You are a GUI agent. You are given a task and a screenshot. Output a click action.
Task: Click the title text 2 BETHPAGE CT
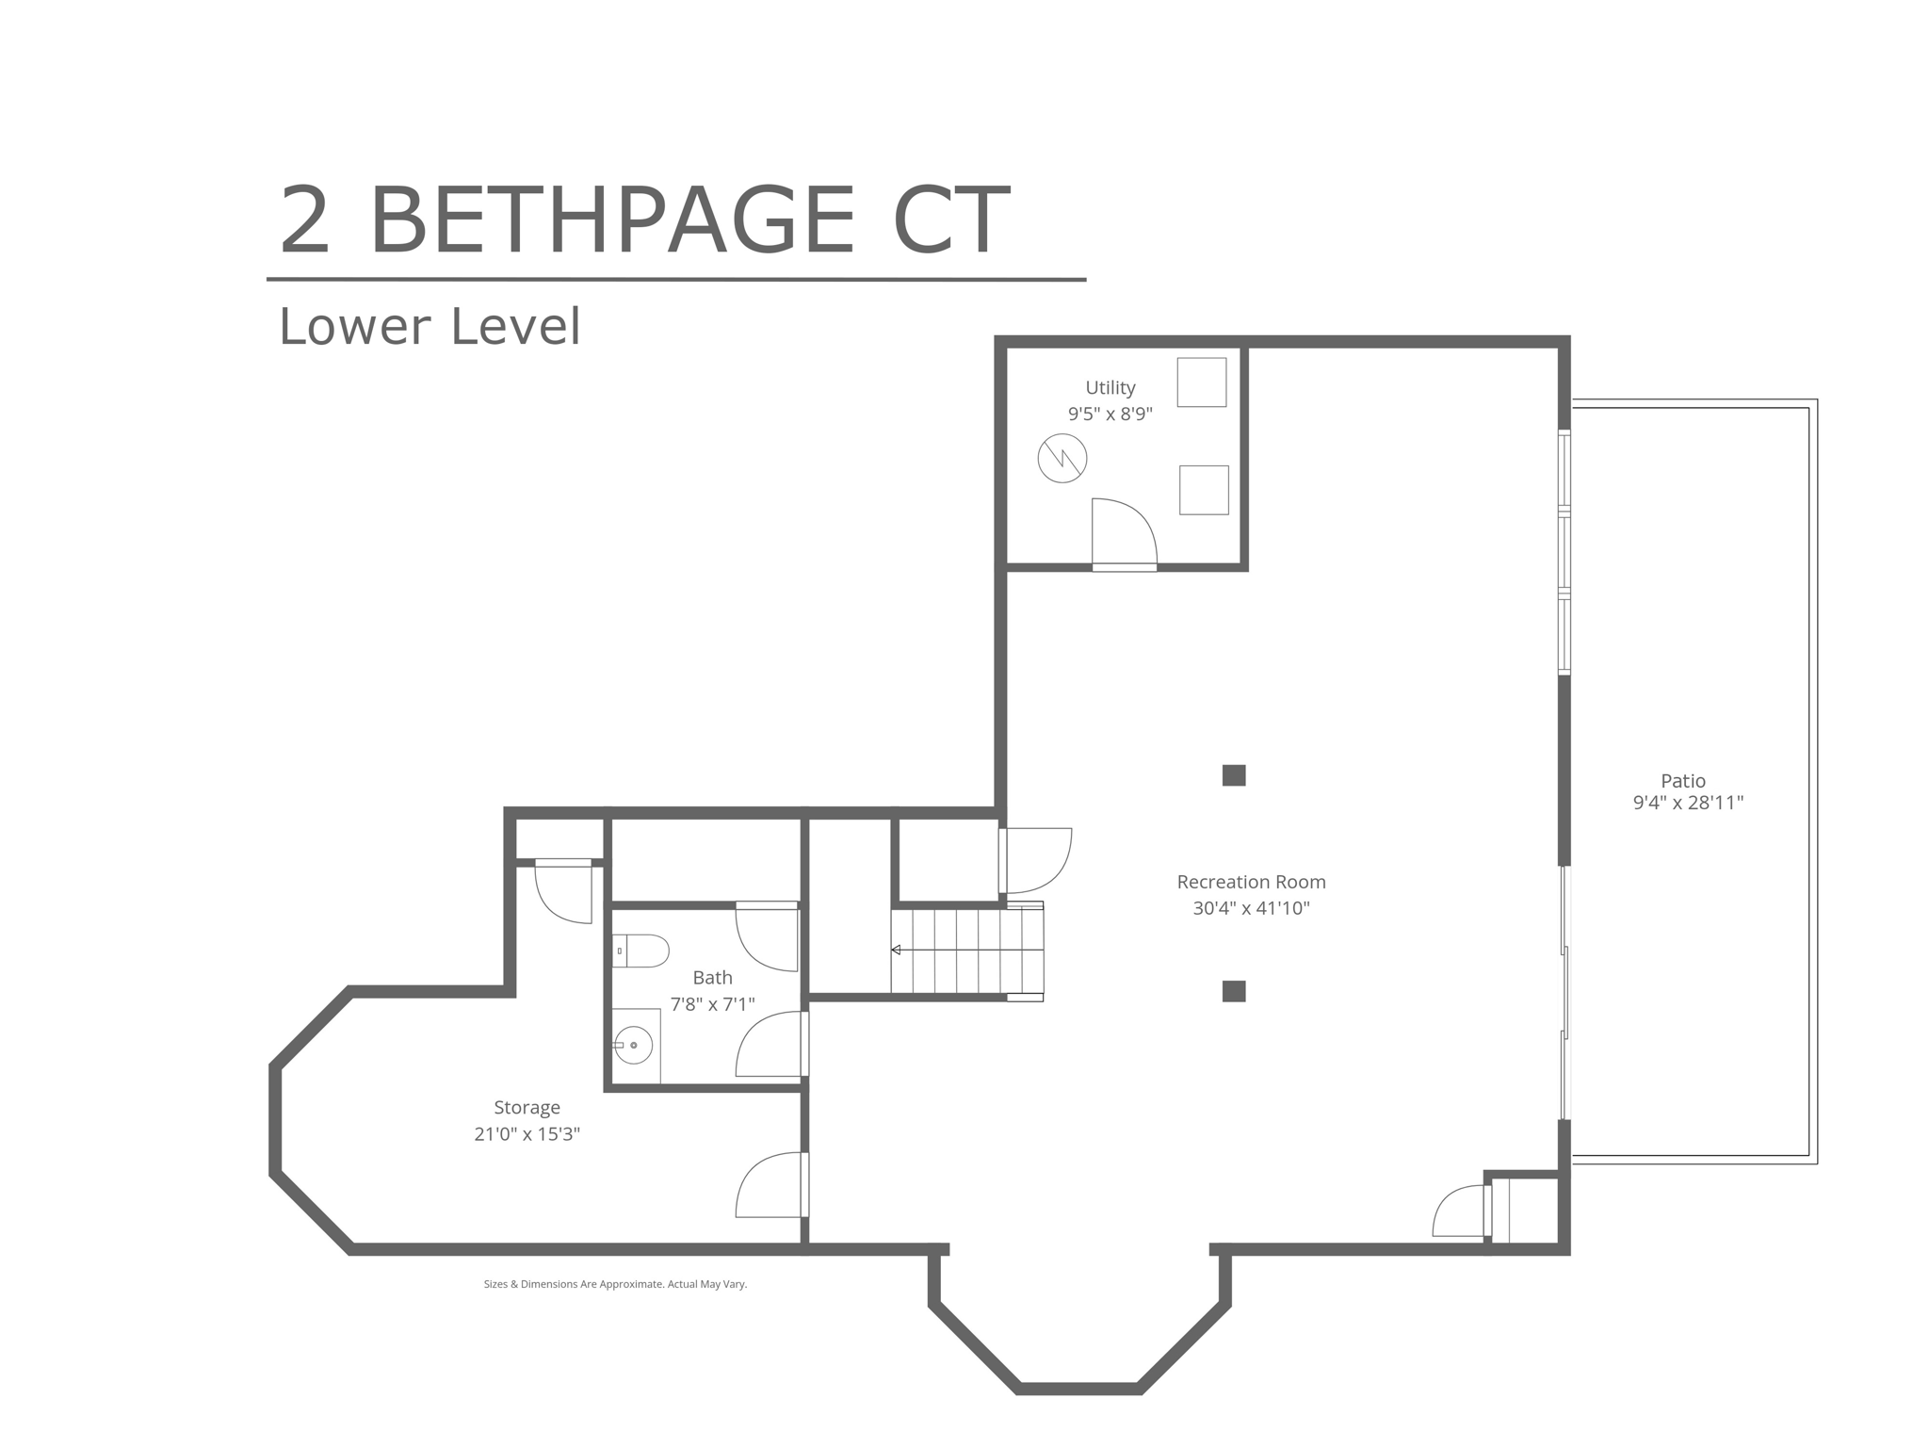click(x=644, y=220)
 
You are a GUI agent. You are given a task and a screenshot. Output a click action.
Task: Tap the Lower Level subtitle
click(x=430, y=327)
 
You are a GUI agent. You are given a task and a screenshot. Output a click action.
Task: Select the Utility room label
click(x=1110, y=388)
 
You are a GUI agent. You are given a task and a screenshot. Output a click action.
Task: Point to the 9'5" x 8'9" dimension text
click(x=1110, y=415)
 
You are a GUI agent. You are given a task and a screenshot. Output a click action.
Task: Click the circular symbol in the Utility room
click(x=1062, y=459)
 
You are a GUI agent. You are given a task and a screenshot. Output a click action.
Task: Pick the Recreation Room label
click(x=1251, y=883)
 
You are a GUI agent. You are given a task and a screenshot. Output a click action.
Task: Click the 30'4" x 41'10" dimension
click(x=1251, y=909)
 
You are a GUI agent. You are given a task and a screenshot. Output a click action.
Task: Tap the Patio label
click(x=1683, y=781)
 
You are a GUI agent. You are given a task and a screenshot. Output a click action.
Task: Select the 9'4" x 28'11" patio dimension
click(x=1688, y=804)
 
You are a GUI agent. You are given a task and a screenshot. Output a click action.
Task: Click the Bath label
click(x=712, y=978)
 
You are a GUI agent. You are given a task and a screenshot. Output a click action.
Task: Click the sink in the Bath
click(x=635, y=1046)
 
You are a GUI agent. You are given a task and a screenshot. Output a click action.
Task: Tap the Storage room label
click(x=527, y=1109)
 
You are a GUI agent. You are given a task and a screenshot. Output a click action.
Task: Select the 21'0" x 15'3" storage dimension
click(x=527, y=1135)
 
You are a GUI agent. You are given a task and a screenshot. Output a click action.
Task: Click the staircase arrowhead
click(x=896, y=951)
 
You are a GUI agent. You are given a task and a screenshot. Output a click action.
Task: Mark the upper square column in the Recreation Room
click(x=1234, y=775)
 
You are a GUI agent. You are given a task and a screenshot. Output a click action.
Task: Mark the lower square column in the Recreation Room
click(x=1234, y=991)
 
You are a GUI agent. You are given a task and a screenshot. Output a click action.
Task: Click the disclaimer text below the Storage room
click(x=615, y=1285)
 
